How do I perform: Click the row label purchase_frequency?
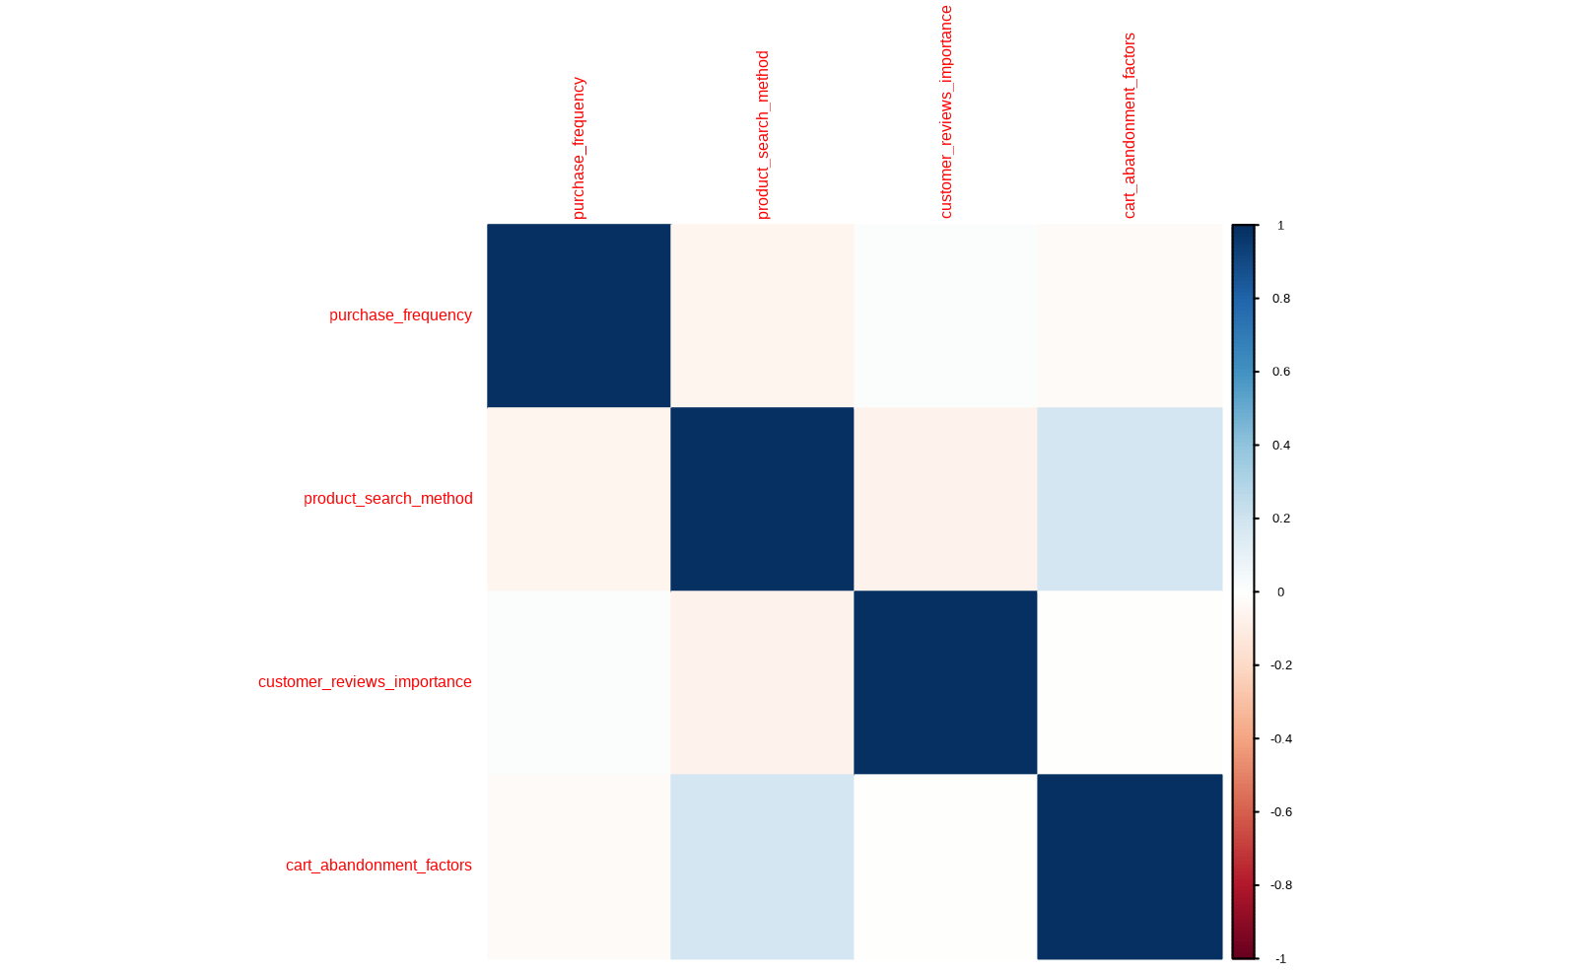(x=400, y=315)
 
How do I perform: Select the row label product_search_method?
(x=387, y=499)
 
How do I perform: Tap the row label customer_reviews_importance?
(x=365, y=682)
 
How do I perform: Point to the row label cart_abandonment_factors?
(x=378, y=866)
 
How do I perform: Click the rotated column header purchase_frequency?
(x=579, y=148)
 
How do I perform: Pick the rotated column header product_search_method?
(x=762, y=135)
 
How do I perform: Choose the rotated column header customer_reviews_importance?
(x=946, y=111)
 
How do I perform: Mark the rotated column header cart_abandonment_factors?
(x=1130, y=125)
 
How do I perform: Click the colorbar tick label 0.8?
(x=1280, y=299)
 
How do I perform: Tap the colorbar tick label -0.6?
(x=1280, y=812)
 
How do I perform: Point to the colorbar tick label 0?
(x=1280, y=592)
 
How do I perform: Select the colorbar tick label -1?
(x=1280, y=959)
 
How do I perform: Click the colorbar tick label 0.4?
(x=1280, y=446)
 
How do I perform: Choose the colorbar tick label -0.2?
(x=1280, y=665)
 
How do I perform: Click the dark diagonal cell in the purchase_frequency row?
(x=579, y=315)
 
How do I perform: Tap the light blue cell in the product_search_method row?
(x=1130, y=499)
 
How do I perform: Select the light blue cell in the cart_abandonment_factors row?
(x=762, y=866)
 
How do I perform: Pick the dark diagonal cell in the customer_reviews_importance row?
(x=945, y=682)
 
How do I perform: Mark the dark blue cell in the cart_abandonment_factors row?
(x=1130, y=866)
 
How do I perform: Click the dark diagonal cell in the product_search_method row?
(x=762, y=499)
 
